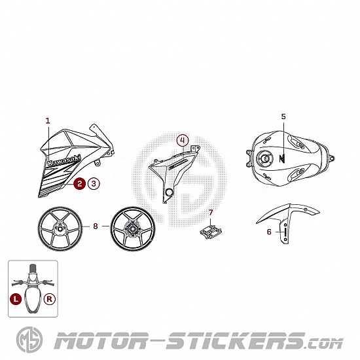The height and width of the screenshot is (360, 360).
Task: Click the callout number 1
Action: click(x=48, y=121)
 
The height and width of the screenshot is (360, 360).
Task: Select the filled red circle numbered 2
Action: click(x=79, y=184)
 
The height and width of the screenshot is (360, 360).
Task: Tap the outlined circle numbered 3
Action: click(x=94, y=184)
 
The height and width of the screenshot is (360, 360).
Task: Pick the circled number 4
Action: click(x=183, y=140)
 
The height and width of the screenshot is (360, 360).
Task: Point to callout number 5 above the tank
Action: click(x=283, y=117)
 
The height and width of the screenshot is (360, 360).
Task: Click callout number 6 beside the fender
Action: click(x=269, y=232)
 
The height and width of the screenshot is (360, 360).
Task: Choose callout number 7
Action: click(x=211, y=213)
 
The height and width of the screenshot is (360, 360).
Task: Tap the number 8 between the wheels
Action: click(x=96, y=226)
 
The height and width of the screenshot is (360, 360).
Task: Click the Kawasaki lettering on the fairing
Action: click(x=64, y=160)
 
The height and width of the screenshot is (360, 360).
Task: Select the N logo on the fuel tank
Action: click(x=282, y=158)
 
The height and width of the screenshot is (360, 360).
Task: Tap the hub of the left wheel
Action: click(x=60, y=228)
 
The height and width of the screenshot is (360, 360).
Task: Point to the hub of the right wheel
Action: click(x=132, y=228)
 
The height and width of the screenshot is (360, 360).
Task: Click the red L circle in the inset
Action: click(x=16, y=299)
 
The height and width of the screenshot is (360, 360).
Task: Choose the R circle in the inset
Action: click(x=50, y=299)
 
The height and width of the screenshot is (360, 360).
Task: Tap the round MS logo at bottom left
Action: click(x=29, y=340)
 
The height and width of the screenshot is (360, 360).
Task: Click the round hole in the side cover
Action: click(x=170, y=192)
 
